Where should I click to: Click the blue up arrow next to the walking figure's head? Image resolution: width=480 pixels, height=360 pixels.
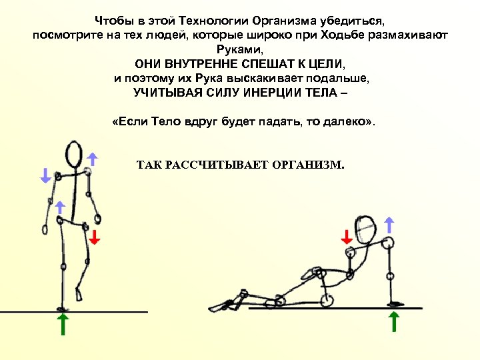pyautogui.click(x=93, y=158)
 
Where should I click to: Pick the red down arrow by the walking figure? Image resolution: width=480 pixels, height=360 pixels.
pyautogui.click(x=94, y=237)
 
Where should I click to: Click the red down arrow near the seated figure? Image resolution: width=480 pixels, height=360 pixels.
pyautogui.click(x=347, y=237)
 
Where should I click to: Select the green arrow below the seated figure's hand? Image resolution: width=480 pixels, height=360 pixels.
pyautogui.click(x=394, y=321)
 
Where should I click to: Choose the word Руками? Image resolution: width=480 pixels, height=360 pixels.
pyautogui.click(x=240, y=49)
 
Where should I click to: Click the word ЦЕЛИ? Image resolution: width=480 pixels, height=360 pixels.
pyautogui.click(x=322, y=64)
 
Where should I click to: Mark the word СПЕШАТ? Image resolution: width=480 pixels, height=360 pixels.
pyautogui.click(x=249, y=64)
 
